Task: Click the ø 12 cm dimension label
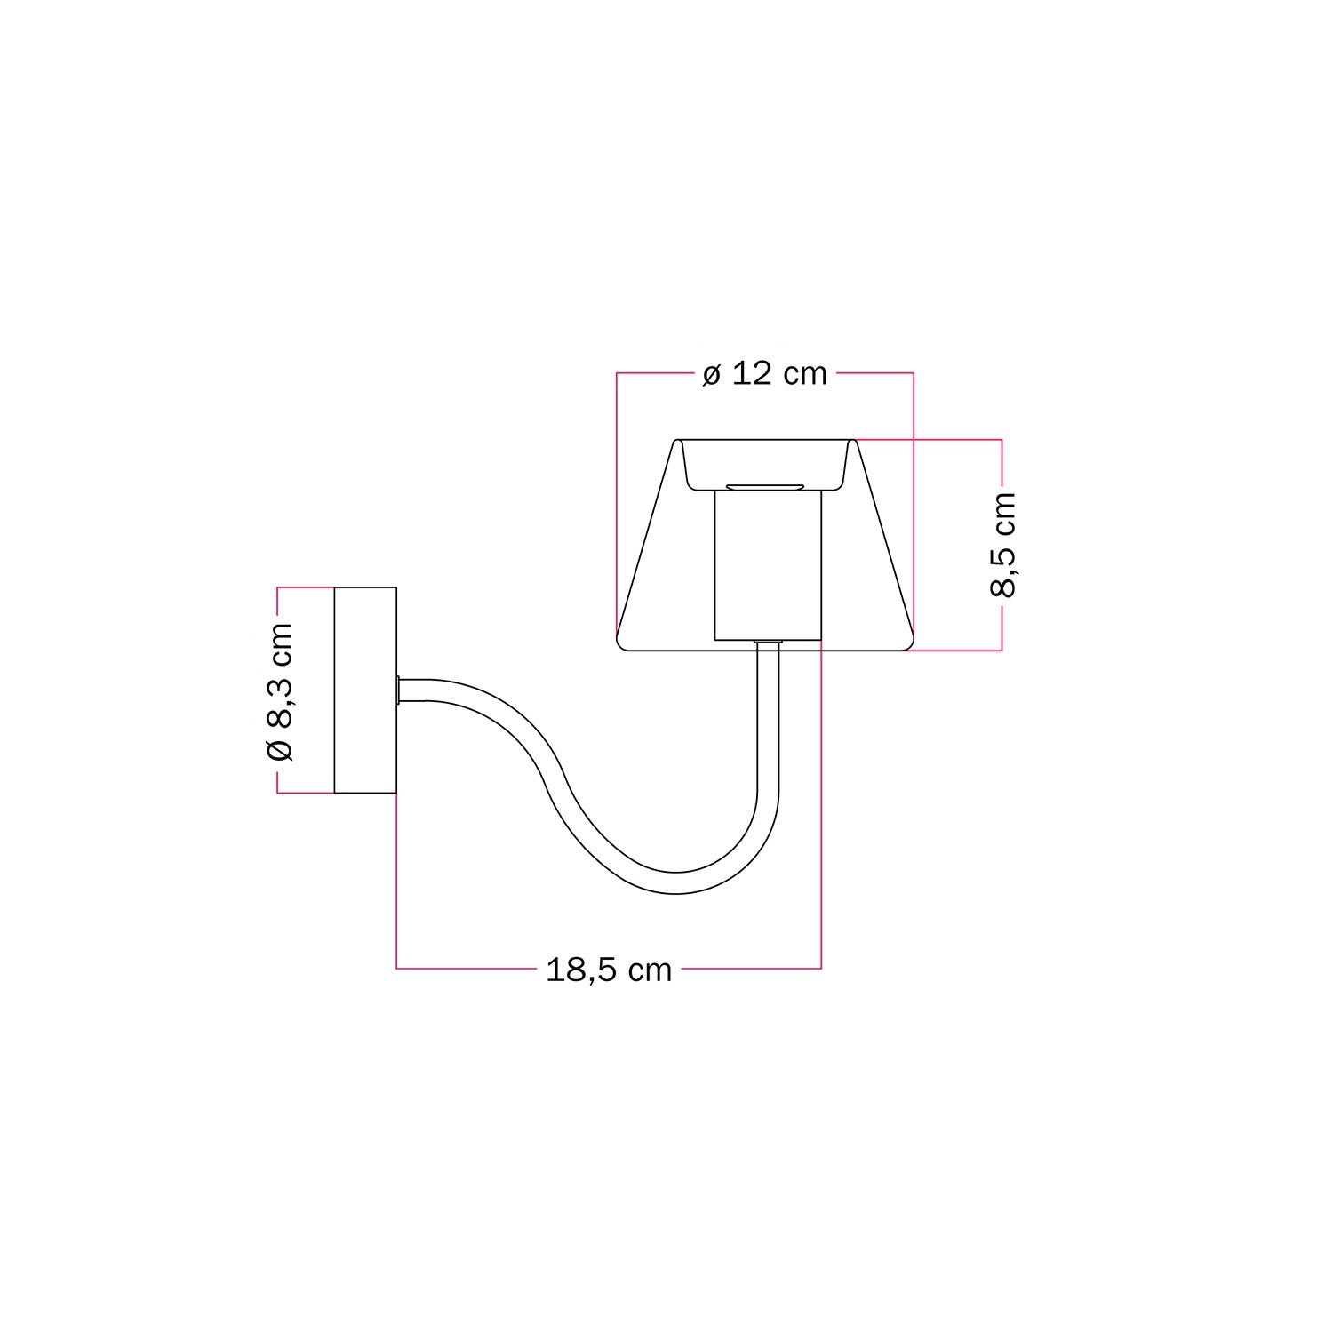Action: pyautogui.click(x=764, y=374)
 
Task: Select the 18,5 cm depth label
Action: pyautogui.click(x=609, y=970)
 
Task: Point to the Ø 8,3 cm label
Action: pyautogui.click(x=279, y=690)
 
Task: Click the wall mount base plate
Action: pyautogui.click(x=364, y=690)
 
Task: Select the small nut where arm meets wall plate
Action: pyautogui.click(x=401, y=690)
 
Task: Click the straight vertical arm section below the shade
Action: pyautogui.click(x=768, y=711)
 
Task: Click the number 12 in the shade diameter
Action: pyautogui.click(x=752, y=374)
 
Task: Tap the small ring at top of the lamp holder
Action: pyautogui.click(x=765, y=487)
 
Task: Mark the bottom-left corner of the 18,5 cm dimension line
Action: pyautogui.click(x=396, y=968)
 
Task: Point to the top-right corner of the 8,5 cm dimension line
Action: pyautogui.click(x=1002, y=439)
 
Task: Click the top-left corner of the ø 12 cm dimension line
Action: pyautogui.click(x=618, y=373)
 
